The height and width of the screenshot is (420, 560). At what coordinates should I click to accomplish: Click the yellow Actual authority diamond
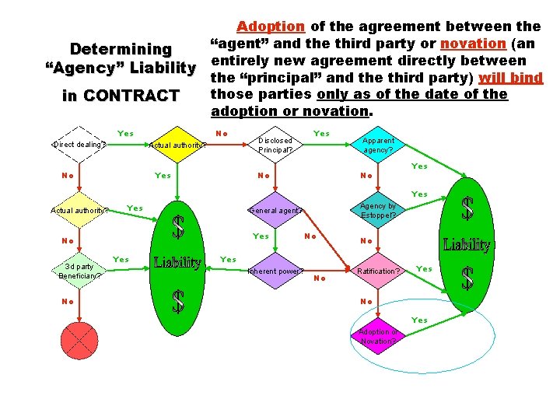(x=178, y=145)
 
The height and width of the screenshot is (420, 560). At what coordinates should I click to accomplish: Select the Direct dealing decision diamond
(x=79, y=145)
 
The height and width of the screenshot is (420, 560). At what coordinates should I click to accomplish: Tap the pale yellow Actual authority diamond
(x=79, y=209)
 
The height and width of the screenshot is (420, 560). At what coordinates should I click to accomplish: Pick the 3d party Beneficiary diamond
(x=79, y=271)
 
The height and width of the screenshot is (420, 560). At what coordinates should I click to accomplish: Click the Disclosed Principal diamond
(x=276, y=145)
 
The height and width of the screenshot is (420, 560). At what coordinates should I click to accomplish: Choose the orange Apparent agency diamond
(x=379, y=145)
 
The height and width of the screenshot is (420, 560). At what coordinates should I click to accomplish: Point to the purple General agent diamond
(x=276, y=210)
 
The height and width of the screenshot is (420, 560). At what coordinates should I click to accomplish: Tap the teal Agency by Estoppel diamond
(x=379, y=210)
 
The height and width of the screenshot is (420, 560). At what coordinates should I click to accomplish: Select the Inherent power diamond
(x=276, y=271)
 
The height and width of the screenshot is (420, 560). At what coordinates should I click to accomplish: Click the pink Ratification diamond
(x=379, y=271)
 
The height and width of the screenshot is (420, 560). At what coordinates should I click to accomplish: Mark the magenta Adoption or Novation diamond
(x=379, y=336)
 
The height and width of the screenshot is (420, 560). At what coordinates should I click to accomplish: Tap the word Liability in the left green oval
(x=178, y=262)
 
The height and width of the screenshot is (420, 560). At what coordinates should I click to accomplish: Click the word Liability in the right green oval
(x=467, y=245)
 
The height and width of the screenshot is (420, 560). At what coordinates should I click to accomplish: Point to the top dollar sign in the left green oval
(x=178, y=226)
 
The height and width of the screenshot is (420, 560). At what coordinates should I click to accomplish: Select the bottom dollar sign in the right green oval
(x=467, y=278)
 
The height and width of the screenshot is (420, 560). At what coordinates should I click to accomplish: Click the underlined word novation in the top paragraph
(x=473, y=44)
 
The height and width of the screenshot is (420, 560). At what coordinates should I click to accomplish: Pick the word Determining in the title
(x=121, y=49)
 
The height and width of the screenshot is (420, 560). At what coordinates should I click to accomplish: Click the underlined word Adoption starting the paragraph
(x=270, y=26)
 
